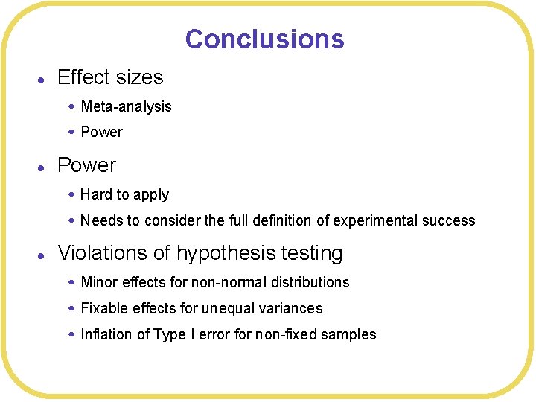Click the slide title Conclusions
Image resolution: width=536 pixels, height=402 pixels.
tap(264, 39)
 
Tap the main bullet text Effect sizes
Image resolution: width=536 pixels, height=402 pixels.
tap(110, 77)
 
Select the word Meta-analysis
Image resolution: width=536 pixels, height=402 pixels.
tap(126, 106)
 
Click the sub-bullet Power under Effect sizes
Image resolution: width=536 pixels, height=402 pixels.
tap(101, 132)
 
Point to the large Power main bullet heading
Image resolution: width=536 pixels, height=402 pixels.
tap(86, 165)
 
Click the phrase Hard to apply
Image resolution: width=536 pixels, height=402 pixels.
tap(124, 194)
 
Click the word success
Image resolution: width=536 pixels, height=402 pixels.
tap(450, 220)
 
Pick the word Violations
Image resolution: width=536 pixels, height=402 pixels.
tap(103, 253)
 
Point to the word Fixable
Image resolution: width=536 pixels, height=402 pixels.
tap(105, 308)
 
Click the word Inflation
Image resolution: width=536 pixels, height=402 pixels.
tap(106, 334)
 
